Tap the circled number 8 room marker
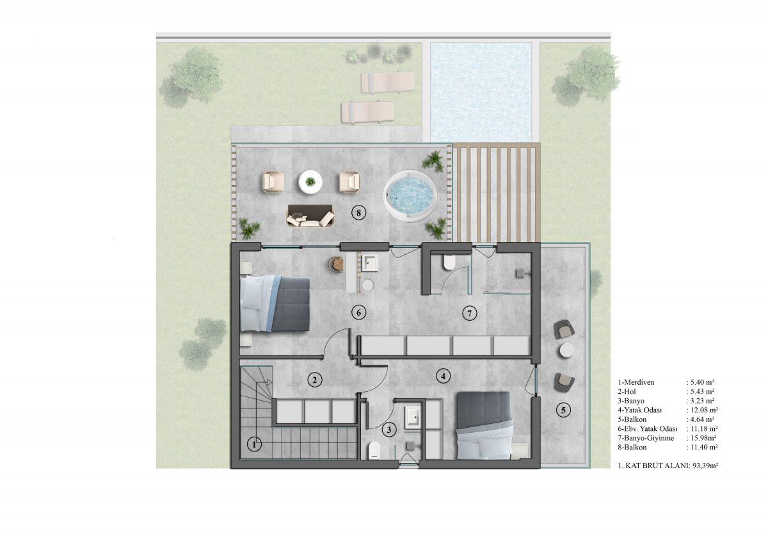pos(358,213)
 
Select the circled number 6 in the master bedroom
pos(359,312)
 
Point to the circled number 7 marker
pos(470,313)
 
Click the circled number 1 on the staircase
pos(254,445)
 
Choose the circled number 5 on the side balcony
pos(563,410)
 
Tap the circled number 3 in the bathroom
pos(389,430)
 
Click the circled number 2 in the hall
pos(315,380)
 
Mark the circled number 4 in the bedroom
pos(443,377)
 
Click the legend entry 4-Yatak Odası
pos(640,410)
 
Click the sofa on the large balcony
pos(310,216)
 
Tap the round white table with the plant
pos(310,182)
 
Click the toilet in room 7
pos(449,262)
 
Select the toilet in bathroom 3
pos(374,450)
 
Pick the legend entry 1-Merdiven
pos(636,382)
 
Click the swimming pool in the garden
pos(481,92)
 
